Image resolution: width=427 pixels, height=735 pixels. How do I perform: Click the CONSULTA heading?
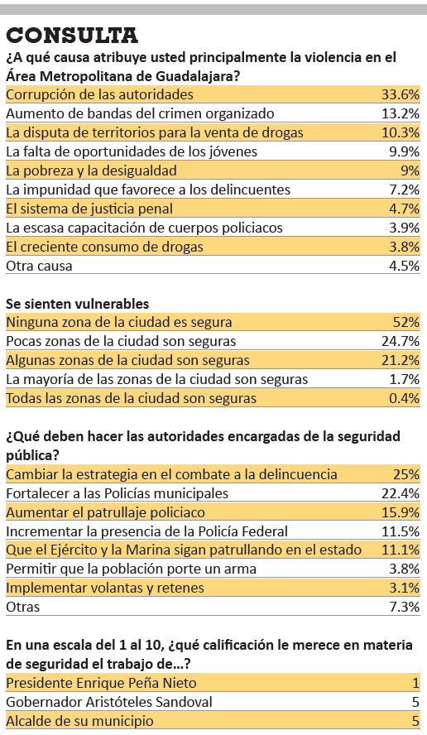pos(72,36)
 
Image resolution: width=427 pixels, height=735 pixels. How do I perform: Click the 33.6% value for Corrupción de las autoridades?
pos(400,94)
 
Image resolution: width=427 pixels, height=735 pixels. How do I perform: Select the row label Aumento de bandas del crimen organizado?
pos(140,113)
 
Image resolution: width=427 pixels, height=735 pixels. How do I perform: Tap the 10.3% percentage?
pos(400,132)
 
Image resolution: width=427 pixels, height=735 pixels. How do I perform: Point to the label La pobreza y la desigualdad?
pos(91,171)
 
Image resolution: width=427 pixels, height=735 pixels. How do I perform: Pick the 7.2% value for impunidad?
pos(404,190)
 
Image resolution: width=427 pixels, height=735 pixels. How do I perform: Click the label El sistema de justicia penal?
pos(89,209)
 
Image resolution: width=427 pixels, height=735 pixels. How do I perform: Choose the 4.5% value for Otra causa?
pos(404,266)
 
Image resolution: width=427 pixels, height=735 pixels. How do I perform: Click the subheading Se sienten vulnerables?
pos(77,304)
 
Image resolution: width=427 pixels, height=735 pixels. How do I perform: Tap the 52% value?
pos(406,322)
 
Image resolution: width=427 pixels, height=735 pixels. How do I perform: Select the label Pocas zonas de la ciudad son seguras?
pos(121,341)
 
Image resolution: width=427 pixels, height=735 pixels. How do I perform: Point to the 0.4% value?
pos(404,398)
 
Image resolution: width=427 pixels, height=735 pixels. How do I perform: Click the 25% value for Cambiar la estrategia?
pos(406,474)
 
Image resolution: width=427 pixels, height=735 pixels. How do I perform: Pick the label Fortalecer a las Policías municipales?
pos(118,493)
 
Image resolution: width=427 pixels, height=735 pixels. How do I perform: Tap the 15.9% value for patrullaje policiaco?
pos(400,512)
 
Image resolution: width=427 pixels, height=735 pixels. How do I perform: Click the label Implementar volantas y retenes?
pos(105,588)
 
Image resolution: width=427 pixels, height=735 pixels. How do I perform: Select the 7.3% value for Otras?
pos(404,607)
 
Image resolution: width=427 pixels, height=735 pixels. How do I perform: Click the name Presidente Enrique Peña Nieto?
pos(101,683)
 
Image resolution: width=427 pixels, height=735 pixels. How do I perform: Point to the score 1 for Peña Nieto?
pos(415,683)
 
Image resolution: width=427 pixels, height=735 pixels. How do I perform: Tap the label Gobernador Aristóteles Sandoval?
pos(109,702)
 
